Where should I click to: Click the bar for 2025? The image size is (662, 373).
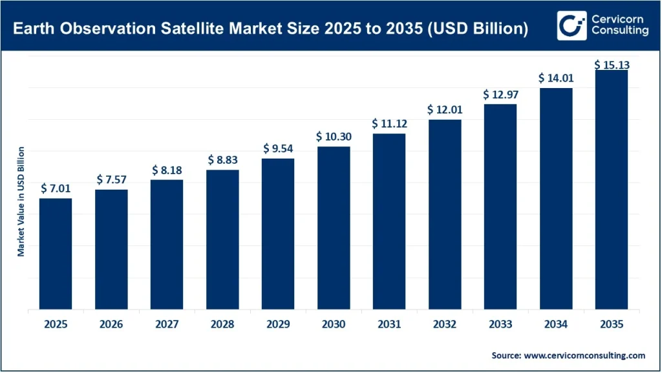pos(56,254)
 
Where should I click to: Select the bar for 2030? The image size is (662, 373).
pos(334,228)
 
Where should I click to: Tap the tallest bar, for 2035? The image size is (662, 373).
pos(612,190)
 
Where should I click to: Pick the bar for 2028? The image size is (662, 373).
pos(222,240)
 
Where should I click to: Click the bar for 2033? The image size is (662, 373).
pos(500,207)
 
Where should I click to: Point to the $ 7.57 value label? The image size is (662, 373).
pos(111,179)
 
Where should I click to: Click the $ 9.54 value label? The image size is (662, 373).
pos(278,148)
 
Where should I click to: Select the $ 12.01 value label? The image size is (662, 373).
pos(445,109)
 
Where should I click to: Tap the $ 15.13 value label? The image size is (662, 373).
pos(612,65)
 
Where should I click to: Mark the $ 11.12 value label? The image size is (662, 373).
pos(389,124)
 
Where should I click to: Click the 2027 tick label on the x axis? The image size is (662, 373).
pos(167,324)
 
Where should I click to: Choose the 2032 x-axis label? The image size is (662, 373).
pos(445,324)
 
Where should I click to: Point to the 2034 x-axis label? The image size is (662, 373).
pos(556,324)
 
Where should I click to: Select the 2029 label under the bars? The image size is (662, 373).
pos(278,324)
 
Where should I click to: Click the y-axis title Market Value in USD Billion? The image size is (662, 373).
pos(21,201)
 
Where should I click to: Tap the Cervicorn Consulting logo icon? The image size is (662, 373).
pos(569,25)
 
